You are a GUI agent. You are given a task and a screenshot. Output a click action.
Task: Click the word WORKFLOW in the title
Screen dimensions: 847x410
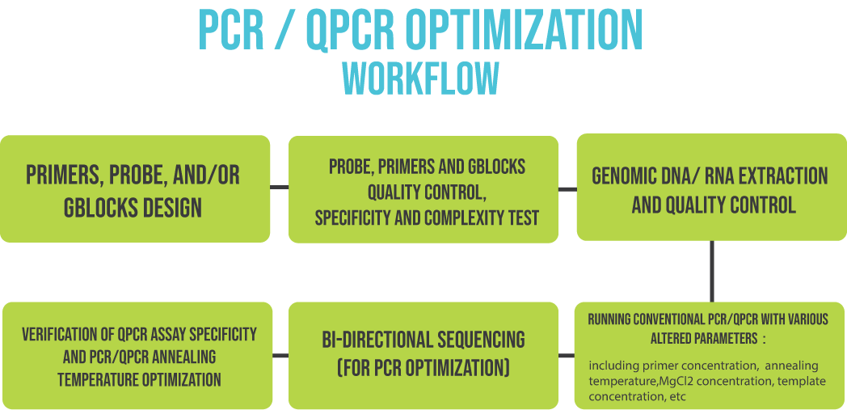point(421,79)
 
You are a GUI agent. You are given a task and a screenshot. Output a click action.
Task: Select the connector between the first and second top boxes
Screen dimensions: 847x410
point(280,188)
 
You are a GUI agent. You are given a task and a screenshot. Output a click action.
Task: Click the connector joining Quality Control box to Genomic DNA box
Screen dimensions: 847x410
point(567,189)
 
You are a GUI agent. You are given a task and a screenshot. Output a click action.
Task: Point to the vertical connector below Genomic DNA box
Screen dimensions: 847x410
point(711,271)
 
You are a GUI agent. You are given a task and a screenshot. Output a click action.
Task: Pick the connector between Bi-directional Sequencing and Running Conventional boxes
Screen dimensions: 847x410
point(566,356)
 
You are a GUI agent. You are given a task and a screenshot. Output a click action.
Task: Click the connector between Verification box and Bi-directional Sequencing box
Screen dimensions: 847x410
point(280,356)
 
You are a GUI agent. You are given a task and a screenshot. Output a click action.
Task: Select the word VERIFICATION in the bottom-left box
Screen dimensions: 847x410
point(60,334)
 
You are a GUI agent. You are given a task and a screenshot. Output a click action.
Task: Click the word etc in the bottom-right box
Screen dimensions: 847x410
point(679,397)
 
